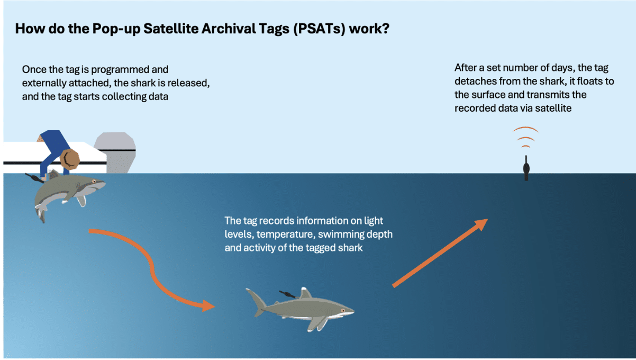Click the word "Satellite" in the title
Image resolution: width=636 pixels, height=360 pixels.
pyautogui.click(x=171, y=29)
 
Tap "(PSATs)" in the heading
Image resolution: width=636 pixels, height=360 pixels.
pyautogui.click(x=319, y=29)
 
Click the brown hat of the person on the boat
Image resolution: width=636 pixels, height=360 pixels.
pyautogui.click(x=69, y=159)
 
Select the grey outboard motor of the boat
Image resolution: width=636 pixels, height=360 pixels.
pyautogui.click(x=115, y=152)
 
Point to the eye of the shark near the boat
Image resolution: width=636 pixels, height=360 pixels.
pyautogui.click(x=94, y=181)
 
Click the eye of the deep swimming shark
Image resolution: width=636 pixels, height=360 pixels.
pyautogui.click(x=343, y=311)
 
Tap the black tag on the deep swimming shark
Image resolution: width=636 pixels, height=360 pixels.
pyautogui.click(x=287, y=294)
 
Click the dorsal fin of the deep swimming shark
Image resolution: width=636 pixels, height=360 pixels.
pyautogui.click(x=306, y=293)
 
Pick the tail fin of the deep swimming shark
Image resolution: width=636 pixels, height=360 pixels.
pyautogui.click(x=257, y=302)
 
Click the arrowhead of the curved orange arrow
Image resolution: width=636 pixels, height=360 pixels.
pyautogui.click(x=208, y=305)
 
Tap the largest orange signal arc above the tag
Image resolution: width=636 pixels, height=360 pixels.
pyautogui.click(x=525, y=129)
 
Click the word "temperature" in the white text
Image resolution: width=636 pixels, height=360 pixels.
pyautogui.click(x=286, y=235)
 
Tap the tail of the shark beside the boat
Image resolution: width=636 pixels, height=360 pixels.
pyautogui.click(x=41, y=214)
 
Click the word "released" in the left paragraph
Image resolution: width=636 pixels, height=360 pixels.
pyautogui.click(x=188, y=83)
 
